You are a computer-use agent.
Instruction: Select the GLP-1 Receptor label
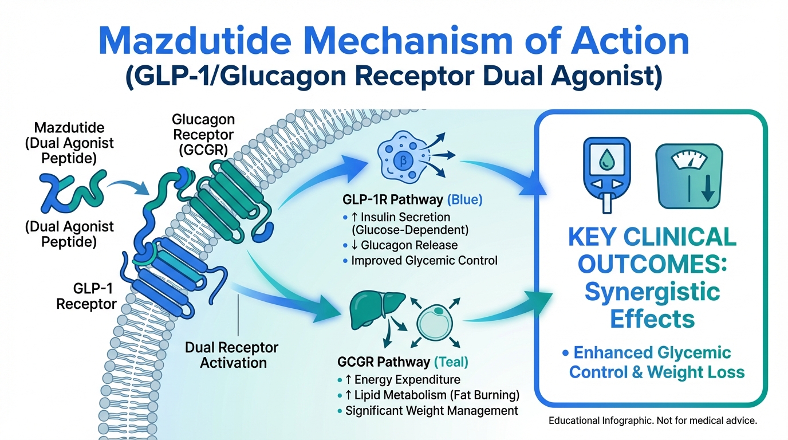[86, 295]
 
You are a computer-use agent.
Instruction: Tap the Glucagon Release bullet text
[409, 245]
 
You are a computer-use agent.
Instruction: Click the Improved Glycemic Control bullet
[424, 260]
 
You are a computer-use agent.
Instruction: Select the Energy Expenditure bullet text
[407, 379]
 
